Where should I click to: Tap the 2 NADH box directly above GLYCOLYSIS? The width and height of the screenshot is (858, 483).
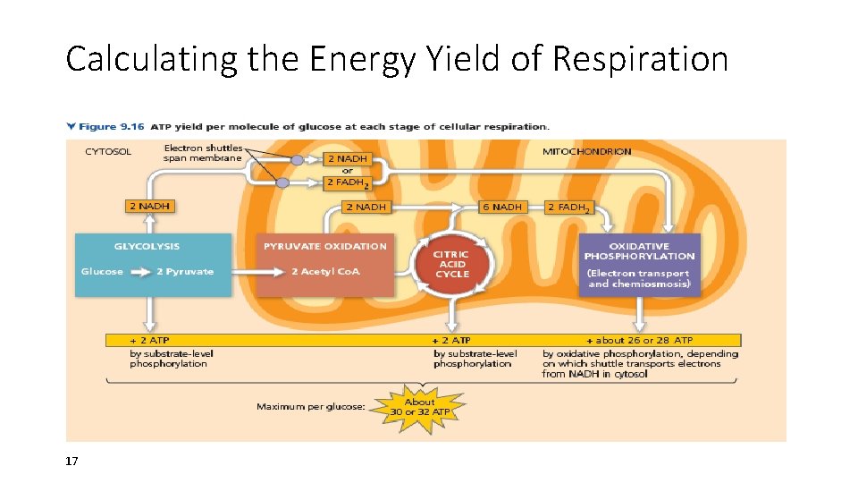coord(150,207)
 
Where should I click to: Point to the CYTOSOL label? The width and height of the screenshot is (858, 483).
coord(108,151)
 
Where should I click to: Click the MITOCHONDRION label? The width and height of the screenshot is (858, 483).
coord(586,151)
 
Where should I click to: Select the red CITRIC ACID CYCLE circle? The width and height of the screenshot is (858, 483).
coord(451,263)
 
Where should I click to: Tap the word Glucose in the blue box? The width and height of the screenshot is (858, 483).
coord(102,272)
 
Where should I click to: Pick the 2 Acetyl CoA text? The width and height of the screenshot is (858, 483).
coord(325,272)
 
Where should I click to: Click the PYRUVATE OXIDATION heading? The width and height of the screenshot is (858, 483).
coord(325,246)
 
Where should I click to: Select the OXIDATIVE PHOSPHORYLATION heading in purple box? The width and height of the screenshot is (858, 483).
coord(639,250)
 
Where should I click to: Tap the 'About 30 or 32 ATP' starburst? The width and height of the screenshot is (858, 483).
coord(419,407)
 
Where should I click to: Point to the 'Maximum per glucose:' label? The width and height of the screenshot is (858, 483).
coord(310,407)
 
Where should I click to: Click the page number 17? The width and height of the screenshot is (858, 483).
coord(71,462)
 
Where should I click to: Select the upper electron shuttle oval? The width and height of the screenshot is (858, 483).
coord(297,160)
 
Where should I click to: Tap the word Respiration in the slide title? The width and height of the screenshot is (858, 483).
coord(641,59)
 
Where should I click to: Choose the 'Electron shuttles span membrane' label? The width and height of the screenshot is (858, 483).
coord(202,153)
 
